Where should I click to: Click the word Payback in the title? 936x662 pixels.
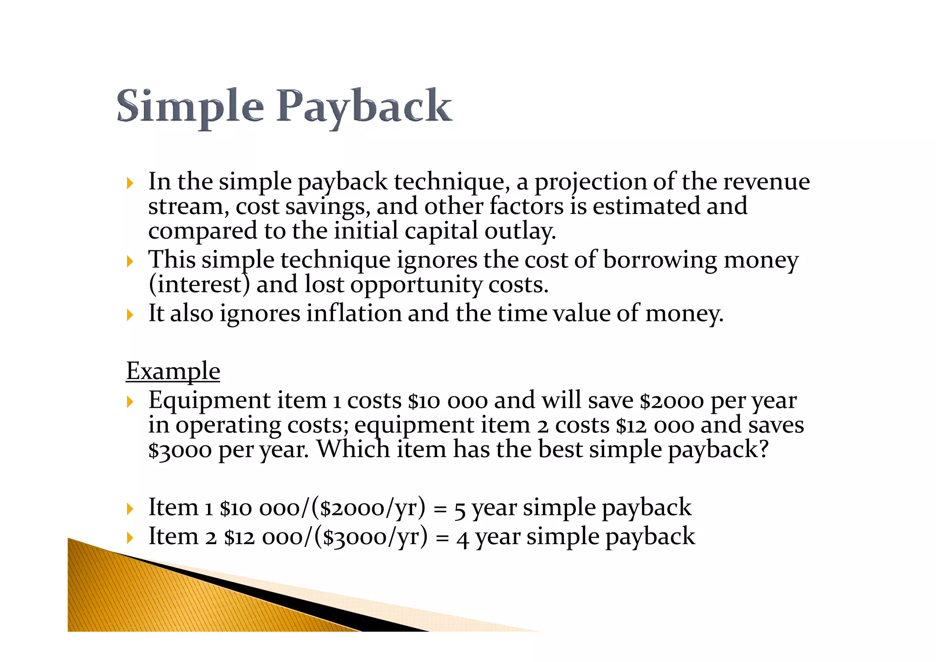[364, 107]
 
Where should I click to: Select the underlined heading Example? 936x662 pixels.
[173, 370]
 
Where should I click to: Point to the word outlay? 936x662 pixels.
[520, 231]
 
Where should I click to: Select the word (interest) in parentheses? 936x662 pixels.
[199, 285]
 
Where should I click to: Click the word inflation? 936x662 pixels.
[354, 314]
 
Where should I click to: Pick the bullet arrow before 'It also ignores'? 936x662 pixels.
[130, 315]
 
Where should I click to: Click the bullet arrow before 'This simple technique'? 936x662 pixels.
[130, 262]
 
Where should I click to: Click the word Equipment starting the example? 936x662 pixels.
[209, 401]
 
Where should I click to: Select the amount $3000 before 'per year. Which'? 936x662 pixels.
[180, 450]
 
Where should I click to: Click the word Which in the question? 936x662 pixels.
[353, 449]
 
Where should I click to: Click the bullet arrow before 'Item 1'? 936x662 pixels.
[130, 509]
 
